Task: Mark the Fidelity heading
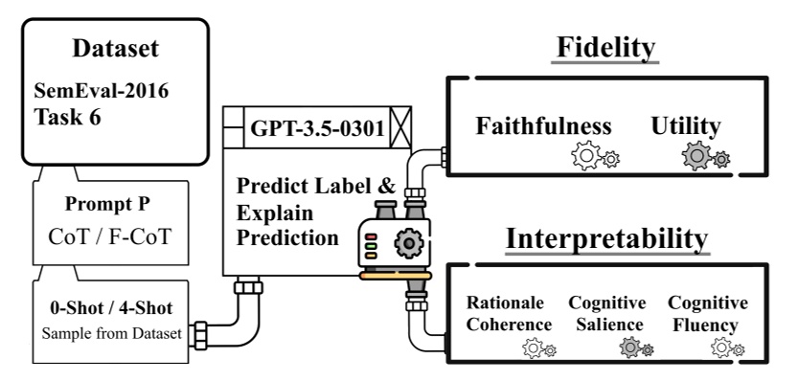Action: point(604,48)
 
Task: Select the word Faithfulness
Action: point(544,126)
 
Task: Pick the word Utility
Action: point(686,126)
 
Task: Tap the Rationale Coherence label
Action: point(510,313)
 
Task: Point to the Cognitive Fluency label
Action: point(707,313)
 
